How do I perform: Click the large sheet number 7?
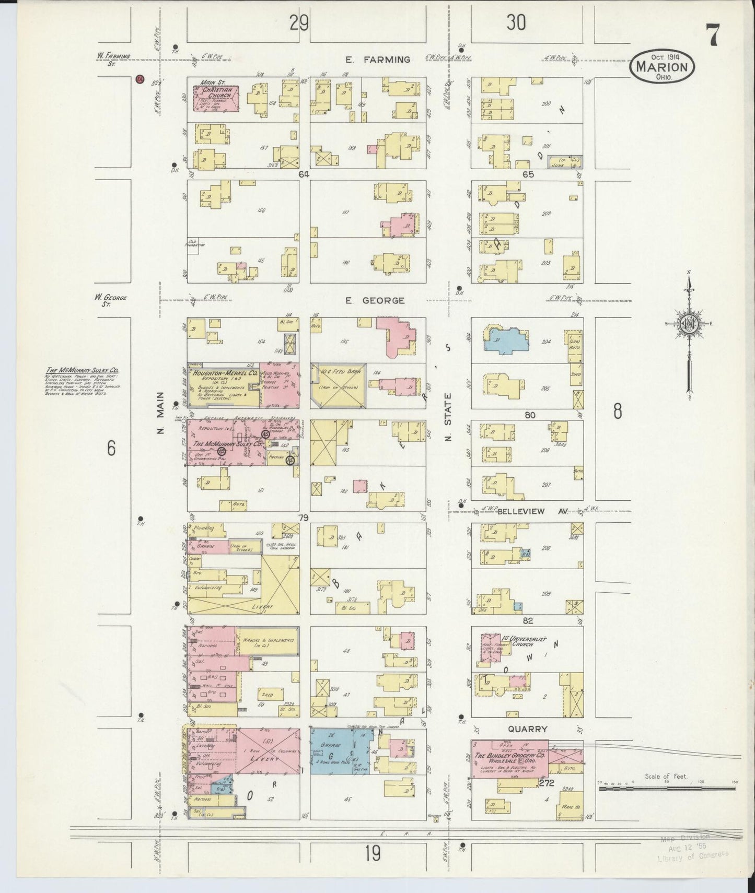pos(713,36)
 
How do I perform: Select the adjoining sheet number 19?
pos(372,854)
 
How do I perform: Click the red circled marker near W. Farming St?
pos(139,79)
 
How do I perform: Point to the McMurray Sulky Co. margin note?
pos(81,382)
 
